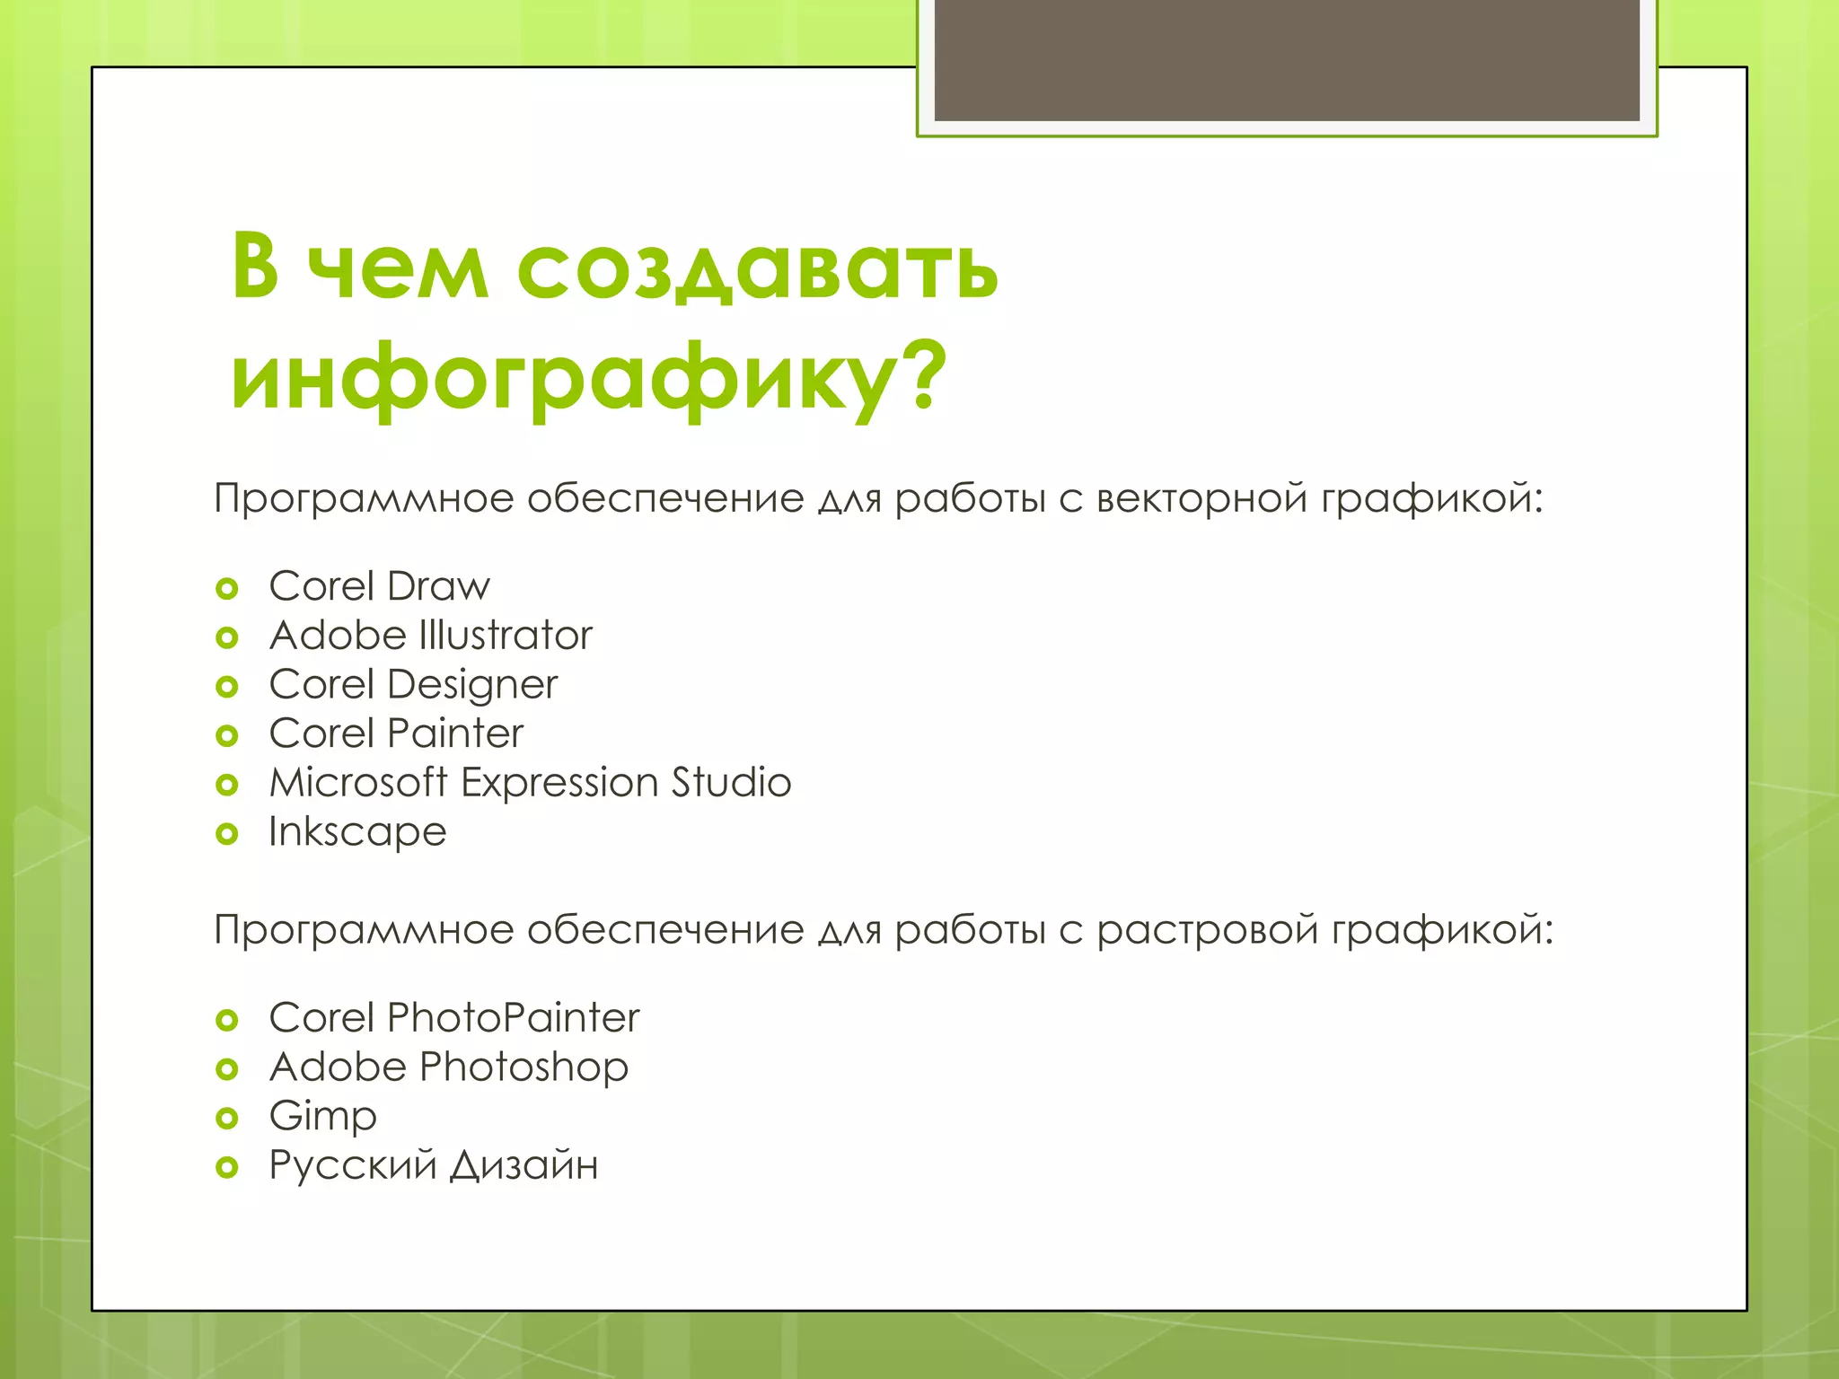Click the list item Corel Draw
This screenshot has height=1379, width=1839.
click(379, 586)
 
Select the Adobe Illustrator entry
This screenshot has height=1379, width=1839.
click(431, 636)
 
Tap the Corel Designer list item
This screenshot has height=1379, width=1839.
click(413, 685)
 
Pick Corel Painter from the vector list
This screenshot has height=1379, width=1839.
click(396, 733)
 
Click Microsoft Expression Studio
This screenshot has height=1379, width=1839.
click(530, 783)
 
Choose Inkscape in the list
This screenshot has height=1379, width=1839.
click(357, 832)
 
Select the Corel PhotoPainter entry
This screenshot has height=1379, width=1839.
click(454, 1018)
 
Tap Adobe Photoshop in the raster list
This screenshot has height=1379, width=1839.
click(449, 1067)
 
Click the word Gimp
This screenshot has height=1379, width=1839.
click(322, 1117)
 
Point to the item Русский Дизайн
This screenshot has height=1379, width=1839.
click(434, 1165)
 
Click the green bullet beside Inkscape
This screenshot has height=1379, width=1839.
click(227, 834)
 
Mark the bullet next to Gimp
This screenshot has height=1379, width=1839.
click(227, 1119)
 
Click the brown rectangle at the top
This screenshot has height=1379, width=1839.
click(1287, 59)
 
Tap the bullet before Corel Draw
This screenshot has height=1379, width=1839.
click(227, 589)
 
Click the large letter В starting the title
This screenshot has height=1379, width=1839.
click(255, 267)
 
